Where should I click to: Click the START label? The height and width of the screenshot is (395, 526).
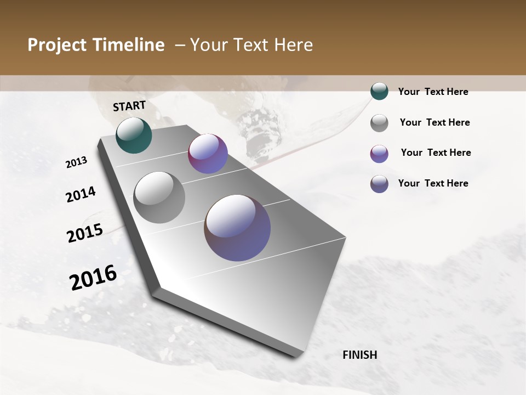click(x=129, y=106)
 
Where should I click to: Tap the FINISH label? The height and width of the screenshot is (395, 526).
click(x=360, y=355)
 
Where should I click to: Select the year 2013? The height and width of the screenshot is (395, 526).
click(x=77, y=162)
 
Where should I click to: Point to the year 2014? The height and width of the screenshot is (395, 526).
click(x=81, y=195)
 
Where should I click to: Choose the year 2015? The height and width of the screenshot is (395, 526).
click(x=85, y=233)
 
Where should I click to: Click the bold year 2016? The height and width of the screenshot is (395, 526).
click(x=93, y=278)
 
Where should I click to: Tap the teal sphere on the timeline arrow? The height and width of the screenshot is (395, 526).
click(x=134, y=136)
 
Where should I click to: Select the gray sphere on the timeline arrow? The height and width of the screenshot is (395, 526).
click(x=159, y=198)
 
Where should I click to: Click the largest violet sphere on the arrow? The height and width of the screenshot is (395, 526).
click(x=237, y=228)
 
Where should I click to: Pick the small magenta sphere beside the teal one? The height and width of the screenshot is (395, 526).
click(x=208, y=154)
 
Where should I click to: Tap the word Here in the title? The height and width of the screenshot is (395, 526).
click(x=293, y=45)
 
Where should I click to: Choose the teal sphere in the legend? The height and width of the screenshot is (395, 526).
click(x=379, y=91)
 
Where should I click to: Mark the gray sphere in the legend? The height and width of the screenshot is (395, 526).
click(x=379, y=123)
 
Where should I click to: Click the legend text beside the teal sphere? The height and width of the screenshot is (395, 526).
click(x=433, y=92)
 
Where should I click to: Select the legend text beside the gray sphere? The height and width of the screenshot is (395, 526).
click(x=434, y=122)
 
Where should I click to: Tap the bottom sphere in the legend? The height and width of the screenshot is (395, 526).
click(x=379, y=184)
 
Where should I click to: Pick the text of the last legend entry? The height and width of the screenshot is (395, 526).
click(x=433, y=183)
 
